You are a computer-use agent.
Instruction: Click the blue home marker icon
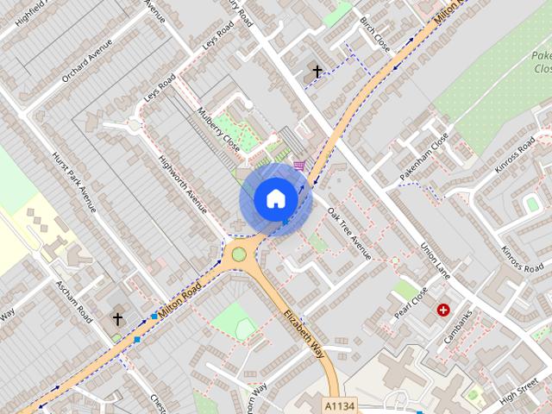pyautogui.click(x=275, y=199)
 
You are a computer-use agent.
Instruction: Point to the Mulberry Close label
pyautogui.click(x=217, y=129)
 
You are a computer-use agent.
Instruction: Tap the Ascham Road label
pyautogui.click(x=73, y=301)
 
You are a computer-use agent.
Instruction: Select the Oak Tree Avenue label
pyautogui.click(x=348, y=235)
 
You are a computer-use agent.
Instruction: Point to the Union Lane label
pyautogui.click(x=436, y=259)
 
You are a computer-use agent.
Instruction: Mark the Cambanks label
pyautogui.click(x=459, y=331)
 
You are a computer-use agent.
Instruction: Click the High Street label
pyautogui.click(x=519, y=386)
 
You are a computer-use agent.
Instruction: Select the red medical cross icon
pyautogui.click(x=443, y=310)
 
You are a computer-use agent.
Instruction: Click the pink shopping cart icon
pyautogui.click(x=298, y=165)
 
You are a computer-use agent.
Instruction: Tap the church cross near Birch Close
pyautogui.click(x=317, y=72)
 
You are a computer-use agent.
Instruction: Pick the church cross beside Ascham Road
pyautogui.click(x=117, y=319)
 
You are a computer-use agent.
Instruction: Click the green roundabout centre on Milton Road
pyautogui.click(x=239, y=254)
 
